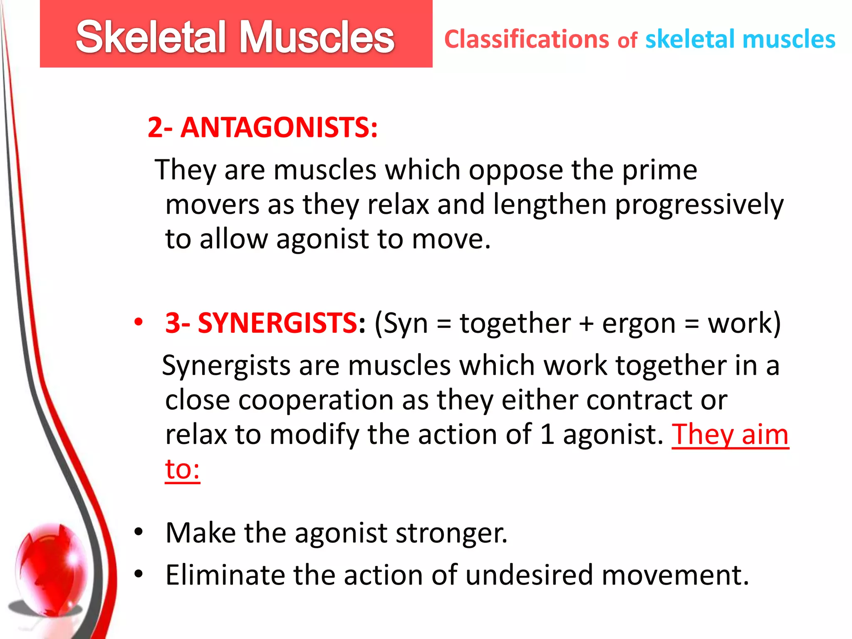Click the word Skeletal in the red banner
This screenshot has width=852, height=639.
150,37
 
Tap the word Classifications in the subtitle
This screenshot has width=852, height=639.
527,40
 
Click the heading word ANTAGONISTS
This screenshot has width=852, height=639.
279,127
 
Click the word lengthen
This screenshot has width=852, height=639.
550,205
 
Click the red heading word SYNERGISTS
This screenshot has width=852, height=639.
277,323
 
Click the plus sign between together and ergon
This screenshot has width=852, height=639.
586,324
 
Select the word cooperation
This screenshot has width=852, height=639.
316,401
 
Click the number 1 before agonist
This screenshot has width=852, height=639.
547,435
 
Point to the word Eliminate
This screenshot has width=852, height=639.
225,575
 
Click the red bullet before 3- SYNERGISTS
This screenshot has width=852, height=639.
139,322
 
